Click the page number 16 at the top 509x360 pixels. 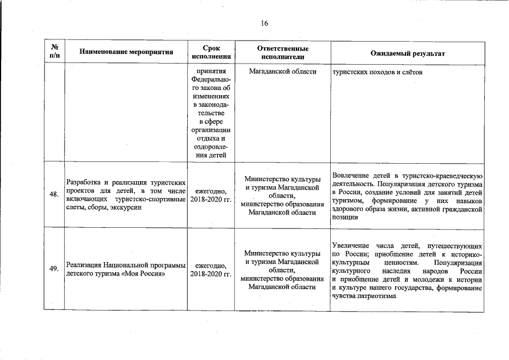[x=264, y=24]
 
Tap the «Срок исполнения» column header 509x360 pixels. [x=211, y=53]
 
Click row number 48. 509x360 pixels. [x=54, y=195]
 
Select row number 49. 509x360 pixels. [x=54, y=269]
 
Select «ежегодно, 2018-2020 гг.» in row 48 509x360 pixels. [x=211, y=195]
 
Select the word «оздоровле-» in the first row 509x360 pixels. [x=211, y=147]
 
